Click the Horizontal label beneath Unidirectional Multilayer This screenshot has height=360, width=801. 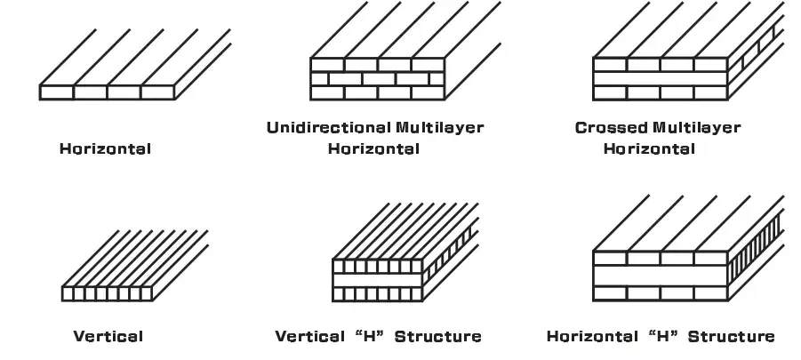[x=373, y=148]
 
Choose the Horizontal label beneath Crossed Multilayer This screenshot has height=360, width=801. [x=649, y=148]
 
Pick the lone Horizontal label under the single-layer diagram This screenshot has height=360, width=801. [x=105, y=148]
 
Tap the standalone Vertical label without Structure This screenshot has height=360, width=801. [x=108, y=336]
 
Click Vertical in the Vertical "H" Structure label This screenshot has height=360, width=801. [x=309, y=336]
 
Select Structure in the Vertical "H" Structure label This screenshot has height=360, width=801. [x=437, y=336]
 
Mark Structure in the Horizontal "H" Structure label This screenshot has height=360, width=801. [x=731, y=336]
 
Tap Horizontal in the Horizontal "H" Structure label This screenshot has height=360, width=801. [x=591, y=336]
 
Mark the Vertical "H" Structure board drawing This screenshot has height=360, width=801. [x=400, y=262]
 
